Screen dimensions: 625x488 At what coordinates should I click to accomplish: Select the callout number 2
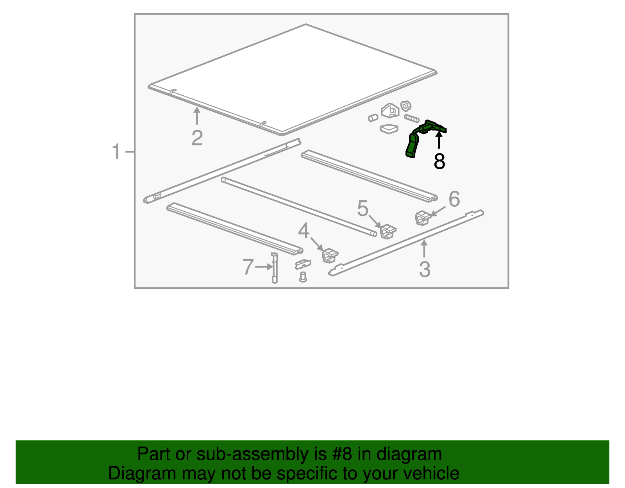(197, 138)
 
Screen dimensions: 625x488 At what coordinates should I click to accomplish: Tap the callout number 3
(425, 269)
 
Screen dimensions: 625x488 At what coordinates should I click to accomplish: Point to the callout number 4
(304, 231)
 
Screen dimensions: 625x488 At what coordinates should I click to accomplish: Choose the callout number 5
(362, 208)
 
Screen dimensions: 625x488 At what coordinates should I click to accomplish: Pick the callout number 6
(454, 199)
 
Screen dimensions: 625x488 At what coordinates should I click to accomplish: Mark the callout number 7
(248, 266)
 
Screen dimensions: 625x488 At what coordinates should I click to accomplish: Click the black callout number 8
(439, 161)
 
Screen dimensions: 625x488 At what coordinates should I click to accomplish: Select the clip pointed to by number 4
(330, 256)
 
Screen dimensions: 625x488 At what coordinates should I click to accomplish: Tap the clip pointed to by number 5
(388, 231)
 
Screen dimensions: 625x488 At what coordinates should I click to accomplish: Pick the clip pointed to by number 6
(423, 218)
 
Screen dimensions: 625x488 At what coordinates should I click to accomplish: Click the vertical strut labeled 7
(275, 268)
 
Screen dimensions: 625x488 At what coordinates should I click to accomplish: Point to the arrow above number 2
(197, 116)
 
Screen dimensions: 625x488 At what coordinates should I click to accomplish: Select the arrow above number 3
(424, 248)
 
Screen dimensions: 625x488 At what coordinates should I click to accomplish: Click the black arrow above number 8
(439, 140)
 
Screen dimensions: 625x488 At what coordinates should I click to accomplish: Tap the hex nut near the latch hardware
(406, 106)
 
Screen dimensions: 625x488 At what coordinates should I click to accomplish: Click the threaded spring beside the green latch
(412, 118)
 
